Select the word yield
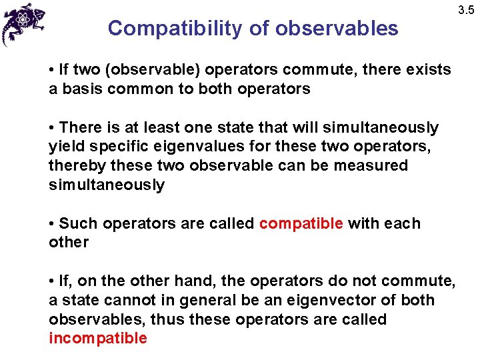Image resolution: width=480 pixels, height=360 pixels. click(65, 146)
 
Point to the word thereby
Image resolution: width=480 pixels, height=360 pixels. click(75, 165)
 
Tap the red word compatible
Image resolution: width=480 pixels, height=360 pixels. click(301, 223)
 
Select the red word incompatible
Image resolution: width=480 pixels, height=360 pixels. click(98, 338)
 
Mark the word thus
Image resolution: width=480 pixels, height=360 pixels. click(171, 319)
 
